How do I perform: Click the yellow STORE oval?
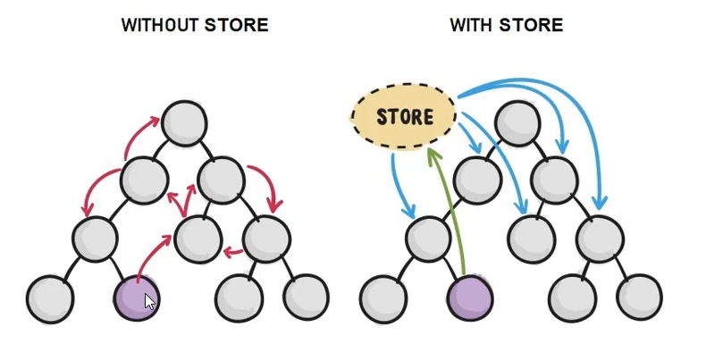pyautogui.click(x=404, y=116)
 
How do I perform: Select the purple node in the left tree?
pyautogui.click(x=137, y=297)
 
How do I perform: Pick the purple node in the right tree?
pyautogui.click(x=470, y=297)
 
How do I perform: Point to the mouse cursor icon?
pyautogui.click(x=150, y=302)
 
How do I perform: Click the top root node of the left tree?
pyautogui.click(x=184, y=123)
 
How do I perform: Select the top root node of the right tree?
pyautogui.click(x=517, y=123)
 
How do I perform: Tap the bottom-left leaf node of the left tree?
pyautogui.click(x=50, y=298)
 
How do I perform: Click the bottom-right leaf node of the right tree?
pyautogui.click(x=639, y=297)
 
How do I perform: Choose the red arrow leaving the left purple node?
pyautogui.click(x=150, y=254)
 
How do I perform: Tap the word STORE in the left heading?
pyautogui.click(x=236, y=25)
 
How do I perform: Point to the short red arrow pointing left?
pyautogui.click(x=233, y=252)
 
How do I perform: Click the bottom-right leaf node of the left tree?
pyautogui.click(x=307, y=297)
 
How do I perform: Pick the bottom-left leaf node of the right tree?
pyautogui.click(x=383, y=298)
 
